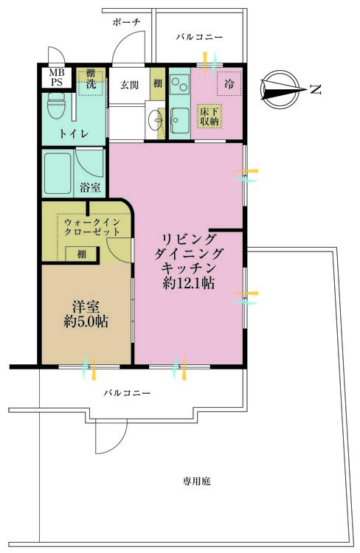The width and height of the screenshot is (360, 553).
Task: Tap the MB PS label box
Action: [57, 77]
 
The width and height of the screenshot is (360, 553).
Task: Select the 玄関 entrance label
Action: [129, 85]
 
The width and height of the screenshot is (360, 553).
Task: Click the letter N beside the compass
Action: [316, 89]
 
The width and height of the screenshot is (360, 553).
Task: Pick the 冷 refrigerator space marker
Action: [229, 84]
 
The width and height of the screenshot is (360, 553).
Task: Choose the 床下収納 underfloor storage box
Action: [210, 116]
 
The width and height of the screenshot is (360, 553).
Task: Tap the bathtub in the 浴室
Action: [58, 173]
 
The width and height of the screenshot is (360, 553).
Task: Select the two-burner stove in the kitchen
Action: [180, 83]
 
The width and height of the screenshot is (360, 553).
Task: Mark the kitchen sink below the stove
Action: [180, 120]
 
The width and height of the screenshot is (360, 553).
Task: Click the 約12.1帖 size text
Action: [189, 283]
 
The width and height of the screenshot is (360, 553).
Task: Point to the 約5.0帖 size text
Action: [86, 321]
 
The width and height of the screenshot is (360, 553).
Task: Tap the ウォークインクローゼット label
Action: [92, 227]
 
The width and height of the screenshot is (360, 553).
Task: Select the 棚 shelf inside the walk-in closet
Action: [81, 254]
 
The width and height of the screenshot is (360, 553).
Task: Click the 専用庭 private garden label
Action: [196, 481]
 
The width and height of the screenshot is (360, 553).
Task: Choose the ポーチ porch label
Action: [126, 23]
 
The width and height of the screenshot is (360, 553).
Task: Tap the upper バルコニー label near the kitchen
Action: [199, 37]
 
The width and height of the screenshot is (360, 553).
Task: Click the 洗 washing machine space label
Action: [91, 84]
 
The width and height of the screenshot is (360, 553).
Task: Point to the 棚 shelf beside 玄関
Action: [158, 83]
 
